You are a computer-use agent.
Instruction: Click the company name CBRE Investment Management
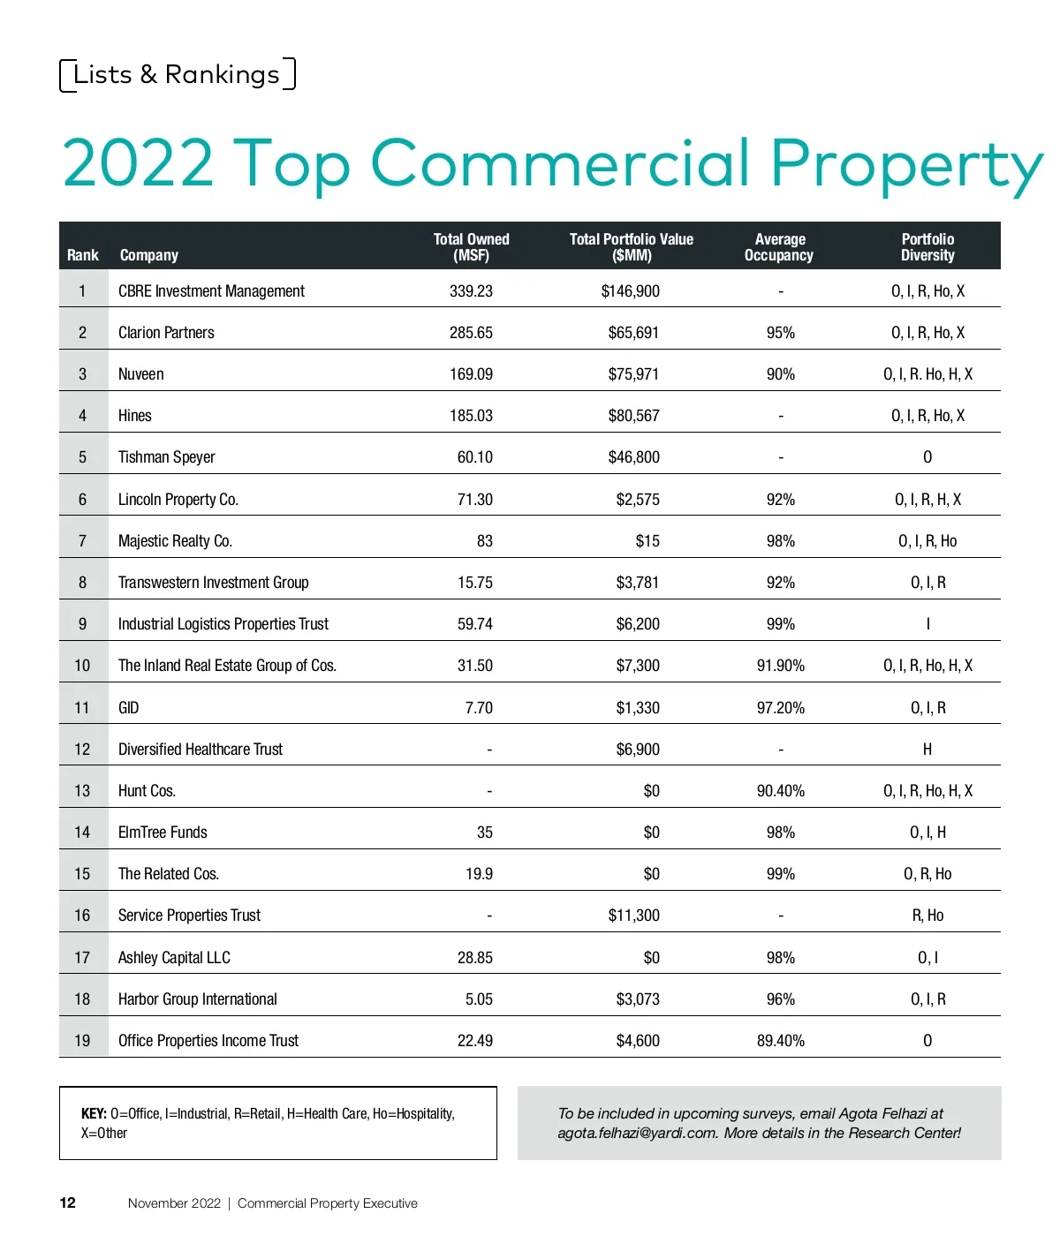[x=211, y=291]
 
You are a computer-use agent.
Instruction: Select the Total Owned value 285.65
[x=471, y=333]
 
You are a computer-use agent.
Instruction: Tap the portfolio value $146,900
[x=630, y=291]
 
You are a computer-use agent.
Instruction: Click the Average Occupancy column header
[x=779, y=247]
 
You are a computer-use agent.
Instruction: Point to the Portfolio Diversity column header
[x=927, y=247]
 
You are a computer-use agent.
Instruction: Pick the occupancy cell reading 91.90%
[x=780, y=666]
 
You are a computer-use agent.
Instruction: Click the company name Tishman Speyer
[x=166, y=457]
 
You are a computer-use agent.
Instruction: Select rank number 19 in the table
[x=82, y=1041]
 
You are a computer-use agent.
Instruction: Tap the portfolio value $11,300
[x=633, y=916]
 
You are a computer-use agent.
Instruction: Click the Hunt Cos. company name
[x=147, y=791]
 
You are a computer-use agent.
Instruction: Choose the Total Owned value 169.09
[x=471, y=374]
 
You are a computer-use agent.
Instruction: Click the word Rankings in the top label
[x=222, y=75]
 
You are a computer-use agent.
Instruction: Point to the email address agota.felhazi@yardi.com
[x=636, y=1134]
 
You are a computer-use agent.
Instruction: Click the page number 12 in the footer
[x=68, y=1203]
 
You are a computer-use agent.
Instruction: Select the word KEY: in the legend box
[x=94, y=1114]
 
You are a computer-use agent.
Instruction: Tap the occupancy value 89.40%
[x=780, y=1041]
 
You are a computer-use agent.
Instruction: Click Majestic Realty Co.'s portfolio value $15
[x=647, y=541]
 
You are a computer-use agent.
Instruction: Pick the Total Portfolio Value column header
[x=631, y=247]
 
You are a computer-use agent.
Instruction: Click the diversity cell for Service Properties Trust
[x=927, y=916]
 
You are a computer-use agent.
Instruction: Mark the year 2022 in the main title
[x=138, y=164]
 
